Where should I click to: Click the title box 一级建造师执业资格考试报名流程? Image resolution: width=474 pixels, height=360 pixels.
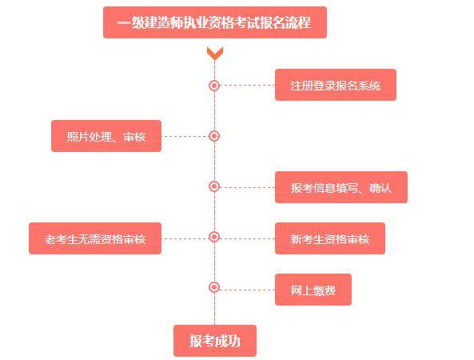(x=214, y=22)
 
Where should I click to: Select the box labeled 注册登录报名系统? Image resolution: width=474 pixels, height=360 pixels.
(x=335, y=85)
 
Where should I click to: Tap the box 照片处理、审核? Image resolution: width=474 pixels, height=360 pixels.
(x=106, y=136)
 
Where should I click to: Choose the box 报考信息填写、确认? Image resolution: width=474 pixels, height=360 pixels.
(x=341, y=187)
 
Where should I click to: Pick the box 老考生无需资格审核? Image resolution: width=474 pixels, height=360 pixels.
(x=94, y=238)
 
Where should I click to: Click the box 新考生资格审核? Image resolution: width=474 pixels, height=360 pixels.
(x=329, y=238)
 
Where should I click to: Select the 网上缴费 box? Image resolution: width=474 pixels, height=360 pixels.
(x=313, y=290)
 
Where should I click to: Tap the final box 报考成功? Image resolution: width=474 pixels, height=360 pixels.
(x=214, y=341)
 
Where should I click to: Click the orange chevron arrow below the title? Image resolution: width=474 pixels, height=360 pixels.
(x=214, y=54)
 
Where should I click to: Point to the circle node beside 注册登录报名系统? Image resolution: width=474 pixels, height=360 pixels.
(x=214, y=85)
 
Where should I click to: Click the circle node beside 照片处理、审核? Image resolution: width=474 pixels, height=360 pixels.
(x=214, y=136)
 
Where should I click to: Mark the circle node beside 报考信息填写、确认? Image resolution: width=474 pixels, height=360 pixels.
(x=214, y=186)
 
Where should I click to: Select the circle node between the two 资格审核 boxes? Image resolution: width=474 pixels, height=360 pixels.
(x=214, y=237)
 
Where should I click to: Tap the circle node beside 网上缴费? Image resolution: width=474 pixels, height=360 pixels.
(x=214, y=287)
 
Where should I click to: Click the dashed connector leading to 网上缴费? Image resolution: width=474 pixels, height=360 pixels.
(x=246, y=287)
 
